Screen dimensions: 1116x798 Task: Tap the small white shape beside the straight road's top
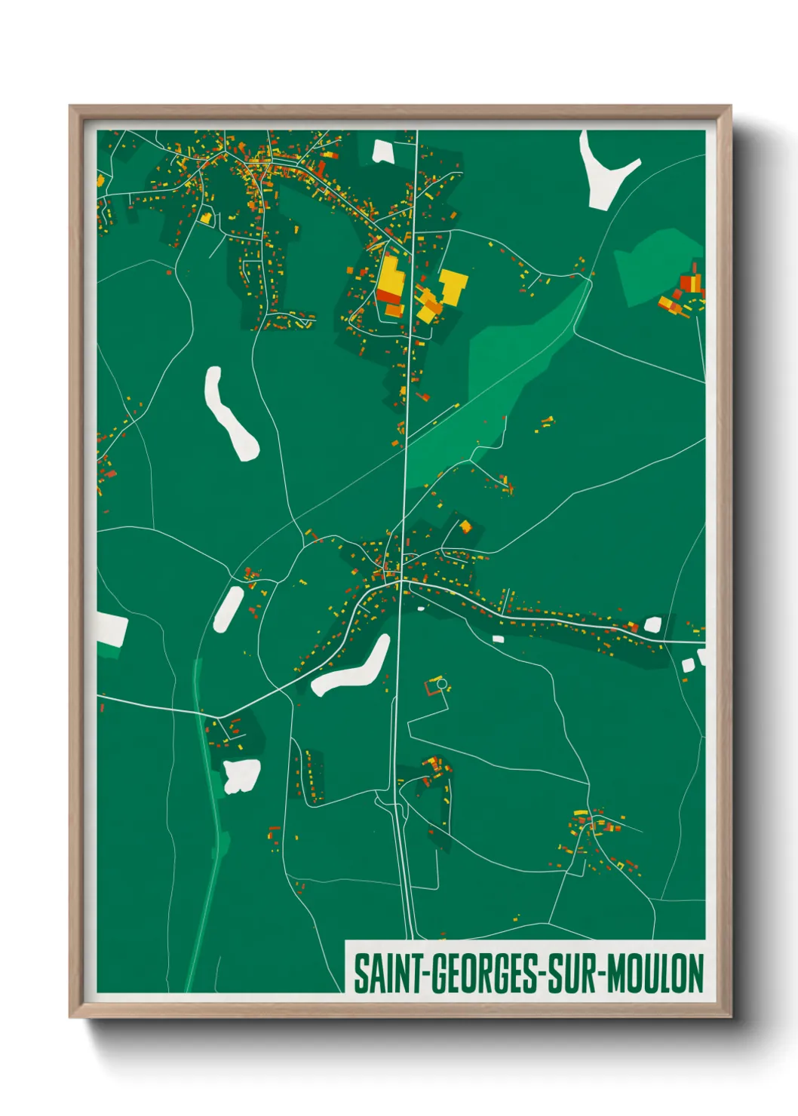382,151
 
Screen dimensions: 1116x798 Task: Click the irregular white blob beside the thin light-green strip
241,776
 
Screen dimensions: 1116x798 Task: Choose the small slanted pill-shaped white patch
228,609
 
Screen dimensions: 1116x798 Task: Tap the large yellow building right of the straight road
453,287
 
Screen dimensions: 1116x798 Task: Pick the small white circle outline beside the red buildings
442,684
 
